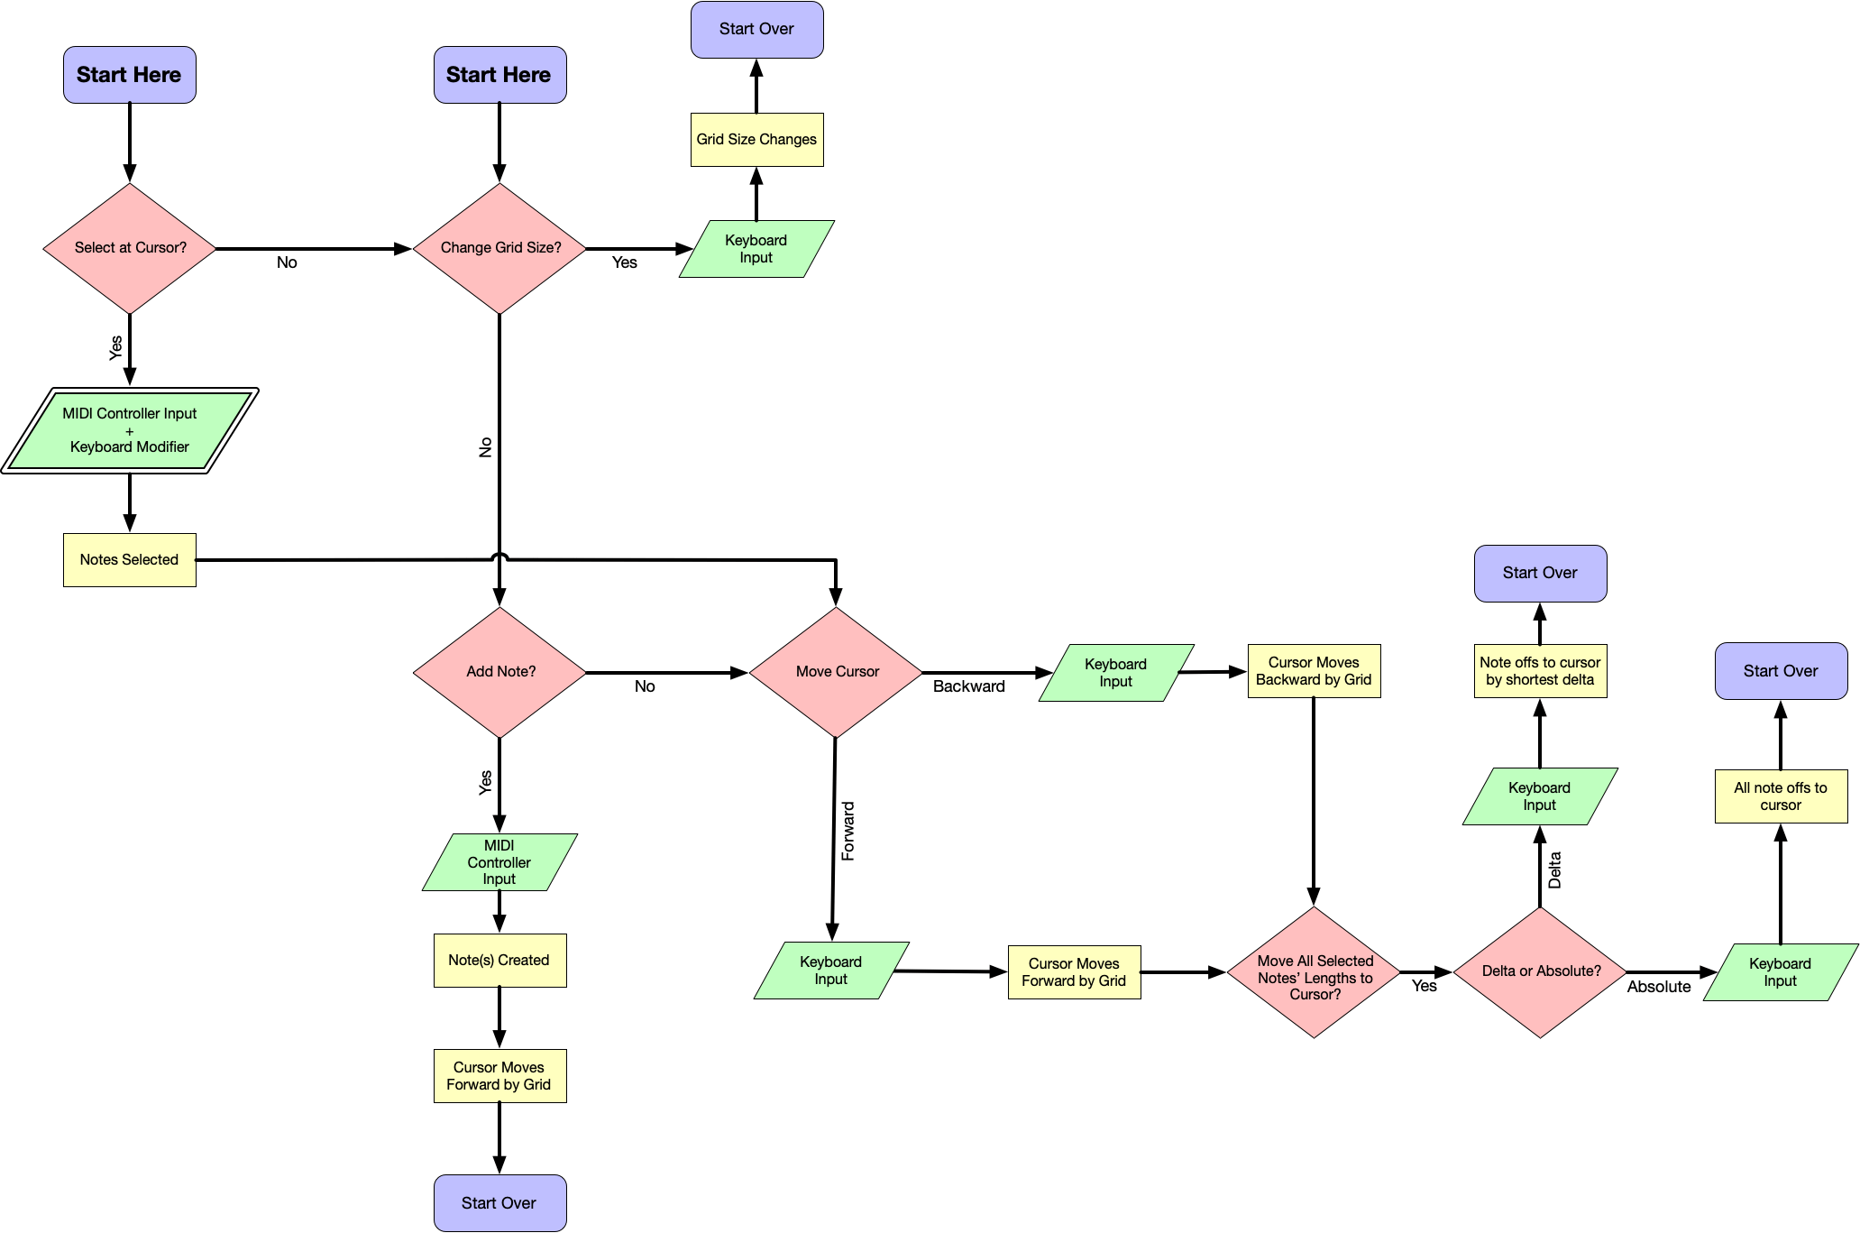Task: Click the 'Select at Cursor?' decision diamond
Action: [x=130, y=248]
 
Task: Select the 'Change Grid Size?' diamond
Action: [x=499, y=248]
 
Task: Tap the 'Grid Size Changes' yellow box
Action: [x=756, y=140]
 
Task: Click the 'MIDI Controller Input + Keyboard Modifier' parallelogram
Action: [x=130, y=430]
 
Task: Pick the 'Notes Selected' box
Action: [x=130, y=560]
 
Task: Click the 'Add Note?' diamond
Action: [x=499, y=672]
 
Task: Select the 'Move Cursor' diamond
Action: [x=836, y=672]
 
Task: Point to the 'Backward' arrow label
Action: [x=968, y=686]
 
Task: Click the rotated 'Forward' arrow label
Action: [x=848, y=831]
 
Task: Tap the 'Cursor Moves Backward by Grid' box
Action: [x=1314, y=671]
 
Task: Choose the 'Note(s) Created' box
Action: [x=499, y=961]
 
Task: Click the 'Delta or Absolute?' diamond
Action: [x=1540, y=971]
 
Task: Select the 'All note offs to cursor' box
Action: [x=1781, y=796]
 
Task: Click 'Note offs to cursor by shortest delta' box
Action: [x=1540, y=671]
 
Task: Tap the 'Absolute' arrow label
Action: [x=1659, y=987]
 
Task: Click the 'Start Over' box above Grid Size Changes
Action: [x=756, y=30]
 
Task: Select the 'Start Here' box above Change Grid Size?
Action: [x=499, y=75]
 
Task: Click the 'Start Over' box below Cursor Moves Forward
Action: [x=499, y=1202]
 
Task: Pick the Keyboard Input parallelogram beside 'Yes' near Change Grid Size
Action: [x=756, y=249]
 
